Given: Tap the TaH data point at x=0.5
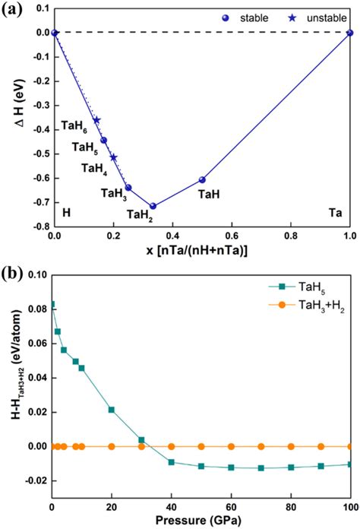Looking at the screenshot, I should pyautogui.click(x=202, y=179).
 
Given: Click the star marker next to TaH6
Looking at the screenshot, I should pyautogui.click(x=96, y=120).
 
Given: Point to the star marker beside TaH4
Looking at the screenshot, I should pyautogui.click(x=114, y=157).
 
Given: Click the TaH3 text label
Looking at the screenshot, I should pyautogui.click(x=113, y=193).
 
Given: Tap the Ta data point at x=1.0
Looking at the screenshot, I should pyautogui.click(x=350, y=33).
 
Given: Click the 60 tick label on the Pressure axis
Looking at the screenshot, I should pyautogui.click(x=231, y=508).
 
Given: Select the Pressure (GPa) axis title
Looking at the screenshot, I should pyautogui.click(x=201, y=521).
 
